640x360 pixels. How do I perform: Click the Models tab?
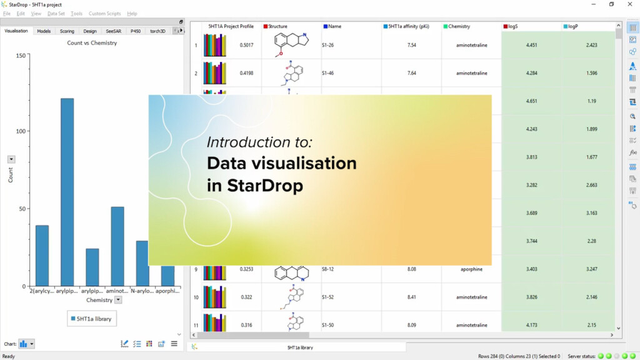click(x=44, y=31)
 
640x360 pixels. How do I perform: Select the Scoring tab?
click(x=67, y=31)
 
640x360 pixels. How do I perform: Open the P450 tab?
click(x=136, y=31)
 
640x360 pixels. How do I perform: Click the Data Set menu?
click(x=56, y=13)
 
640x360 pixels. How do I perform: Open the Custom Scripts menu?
click(x=104, y=13)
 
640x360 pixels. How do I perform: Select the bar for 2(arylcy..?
click(x=42, y=255)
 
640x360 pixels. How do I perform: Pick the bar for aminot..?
click(x=117, y=246)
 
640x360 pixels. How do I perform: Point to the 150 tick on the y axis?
click(x=21, y=56)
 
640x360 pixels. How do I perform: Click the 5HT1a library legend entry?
click(x=91, y=319)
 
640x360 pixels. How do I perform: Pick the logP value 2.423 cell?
click(x=591, y=45)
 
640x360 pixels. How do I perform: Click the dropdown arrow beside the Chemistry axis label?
click(x=118, y=300)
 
